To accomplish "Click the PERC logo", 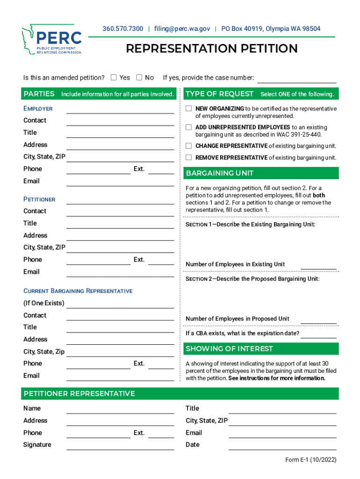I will (x=51, y=40).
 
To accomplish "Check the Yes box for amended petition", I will (x=114, y=78).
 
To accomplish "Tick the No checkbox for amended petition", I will (x=139, y=78).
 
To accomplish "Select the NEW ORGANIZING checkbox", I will (x=189, y=109).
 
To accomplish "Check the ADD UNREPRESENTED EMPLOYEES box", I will (x=189, y=127).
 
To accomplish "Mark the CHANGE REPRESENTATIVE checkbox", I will (x=189, y=145).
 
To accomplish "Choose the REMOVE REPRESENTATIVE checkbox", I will (x=189, y=158).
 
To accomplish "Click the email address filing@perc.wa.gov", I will (x=182, y=29).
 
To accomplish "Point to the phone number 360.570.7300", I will (x=123, y=29).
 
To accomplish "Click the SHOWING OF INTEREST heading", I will (x=229, y=349).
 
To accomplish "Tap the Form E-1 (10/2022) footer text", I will (x=310, y=460).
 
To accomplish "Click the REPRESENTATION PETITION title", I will (x=212, y=49).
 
